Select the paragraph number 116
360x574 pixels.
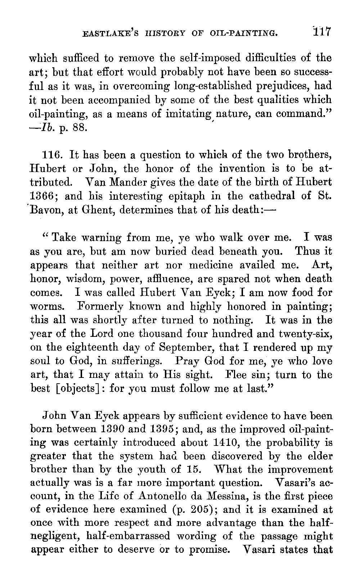(x=53, y=155)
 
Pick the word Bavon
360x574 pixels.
(x=46, y=210)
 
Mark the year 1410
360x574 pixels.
(x=236, y=443)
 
